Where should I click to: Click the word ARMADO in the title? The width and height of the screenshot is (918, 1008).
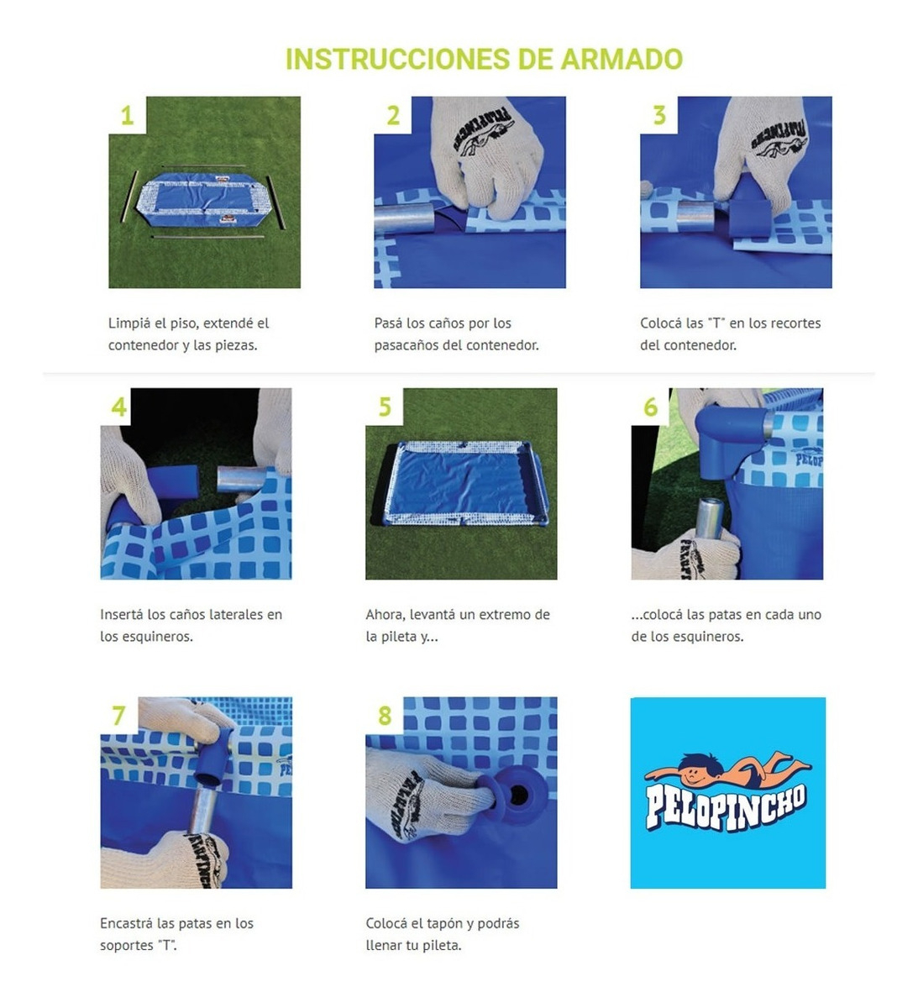point(621,59)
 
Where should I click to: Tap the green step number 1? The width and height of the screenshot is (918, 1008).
point(127,116)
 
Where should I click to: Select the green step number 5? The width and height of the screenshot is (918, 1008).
point(385,407)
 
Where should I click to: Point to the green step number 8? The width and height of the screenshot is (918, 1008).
point(385,716)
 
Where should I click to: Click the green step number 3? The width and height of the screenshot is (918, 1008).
point(659,116)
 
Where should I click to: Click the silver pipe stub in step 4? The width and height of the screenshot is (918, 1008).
point(242,478)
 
